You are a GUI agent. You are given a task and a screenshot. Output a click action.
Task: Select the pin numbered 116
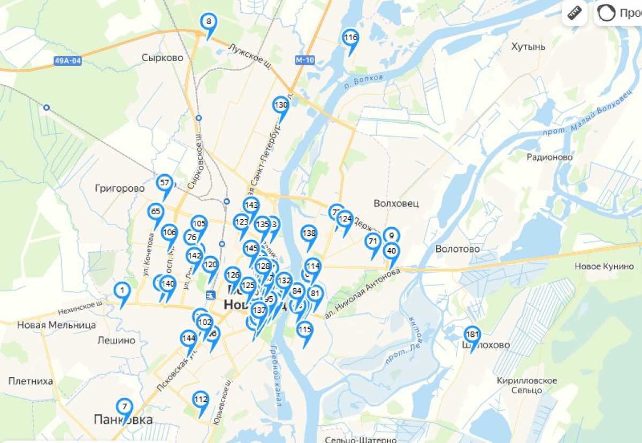(350, 39)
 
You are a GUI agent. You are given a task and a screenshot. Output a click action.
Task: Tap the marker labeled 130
(281, 106)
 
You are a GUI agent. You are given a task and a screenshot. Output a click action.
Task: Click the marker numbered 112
(201, 400)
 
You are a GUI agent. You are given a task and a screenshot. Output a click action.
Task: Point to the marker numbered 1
(123, 291)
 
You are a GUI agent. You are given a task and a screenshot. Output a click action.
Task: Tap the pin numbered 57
(165, 183)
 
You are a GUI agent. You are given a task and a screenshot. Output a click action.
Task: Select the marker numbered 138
(309, 234)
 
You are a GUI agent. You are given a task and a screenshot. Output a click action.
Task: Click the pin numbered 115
(305, 329)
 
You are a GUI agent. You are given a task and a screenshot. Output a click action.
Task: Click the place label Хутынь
(528, 47)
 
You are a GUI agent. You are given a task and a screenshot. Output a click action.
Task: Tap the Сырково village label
(162, 58)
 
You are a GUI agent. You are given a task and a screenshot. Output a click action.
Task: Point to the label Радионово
(549, 157)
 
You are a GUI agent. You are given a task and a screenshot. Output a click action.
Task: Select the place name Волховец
(396, 204)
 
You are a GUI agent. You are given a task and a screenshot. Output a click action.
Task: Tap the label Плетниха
(30, 381)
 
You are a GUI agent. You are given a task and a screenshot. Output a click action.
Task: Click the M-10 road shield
(304, 60)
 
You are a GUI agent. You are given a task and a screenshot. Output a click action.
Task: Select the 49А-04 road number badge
(68, 61)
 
